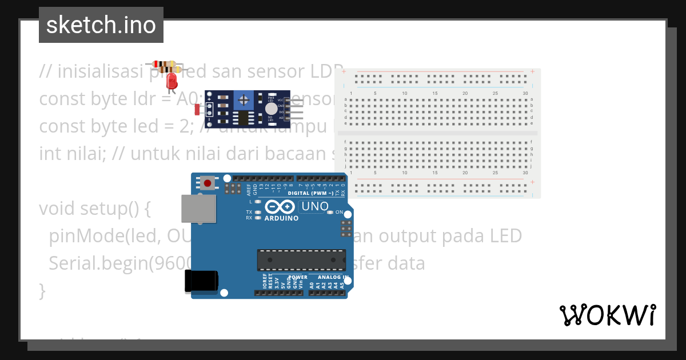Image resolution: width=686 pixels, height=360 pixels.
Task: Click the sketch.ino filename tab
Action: (x=101, y=25)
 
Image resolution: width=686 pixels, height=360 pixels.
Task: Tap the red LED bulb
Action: (x=171, y=82)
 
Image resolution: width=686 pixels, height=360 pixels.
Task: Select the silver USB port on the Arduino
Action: (x=198, y=209)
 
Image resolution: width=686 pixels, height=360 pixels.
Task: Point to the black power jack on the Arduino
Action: (x=201, y=281)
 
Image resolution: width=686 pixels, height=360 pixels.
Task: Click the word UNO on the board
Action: (x=314, y=206)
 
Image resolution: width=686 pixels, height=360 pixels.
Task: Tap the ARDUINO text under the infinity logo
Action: (x=281, y=218)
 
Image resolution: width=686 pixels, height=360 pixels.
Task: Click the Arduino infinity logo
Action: (x=280, y=206)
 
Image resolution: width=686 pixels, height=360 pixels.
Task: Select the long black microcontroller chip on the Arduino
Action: (x=301, y=259)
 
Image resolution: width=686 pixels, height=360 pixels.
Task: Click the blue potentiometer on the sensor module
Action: (x=244, y=100)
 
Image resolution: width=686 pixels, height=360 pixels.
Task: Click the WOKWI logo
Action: (x=607, y=315)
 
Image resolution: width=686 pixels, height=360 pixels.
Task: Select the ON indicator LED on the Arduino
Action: (x=330, y=213)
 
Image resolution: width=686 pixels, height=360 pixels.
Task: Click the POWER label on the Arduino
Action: (x=298, y=277)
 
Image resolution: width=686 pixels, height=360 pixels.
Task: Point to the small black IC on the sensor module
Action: (x=244, y=118)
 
